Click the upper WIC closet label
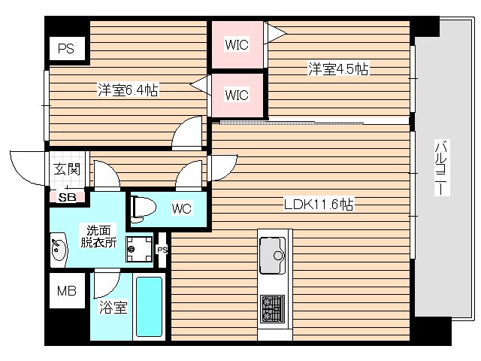(x=237, y=44)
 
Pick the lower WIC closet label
(x=237, y=96)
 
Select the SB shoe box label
(x=67, y=197)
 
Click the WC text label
(x=183, y=208)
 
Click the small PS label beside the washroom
(x=162, y=250)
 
